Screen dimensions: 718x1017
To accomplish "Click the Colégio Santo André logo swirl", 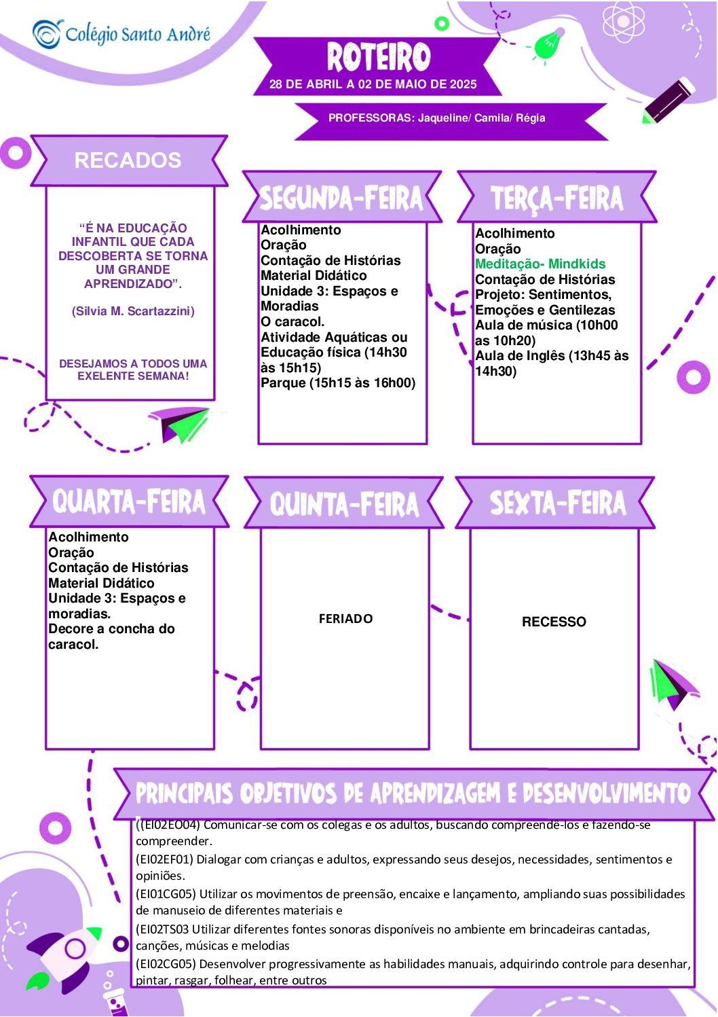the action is [47, 33].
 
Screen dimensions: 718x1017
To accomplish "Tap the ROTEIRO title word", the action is [379, 57].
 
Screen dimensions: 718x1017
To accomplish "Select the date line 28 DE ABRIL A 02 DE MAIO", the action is [373, 84].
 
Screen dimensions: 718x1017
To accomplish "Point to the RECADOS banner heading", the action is [128, 160].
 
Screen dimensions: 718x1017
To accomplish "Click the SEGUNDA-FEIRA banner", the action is [341, 198].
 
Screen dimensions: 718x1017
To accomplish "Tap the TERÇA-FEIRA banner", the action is [557, 198].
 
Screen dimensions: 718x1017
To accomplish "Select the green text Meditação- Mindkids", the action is [540, 264].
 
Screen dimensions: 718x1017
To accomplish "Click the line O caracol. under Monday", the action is [292, 322].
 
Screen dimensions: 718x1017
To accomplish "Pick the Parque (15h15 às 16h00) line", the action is [338, 382].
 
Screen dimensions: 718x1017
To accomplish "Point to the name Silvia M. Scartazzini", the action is [133, 311].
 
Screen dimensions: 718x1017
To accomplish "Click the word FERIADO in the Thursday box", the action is [345, 619].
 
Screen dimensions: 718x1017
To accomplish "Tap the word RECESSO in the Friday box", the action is [554, 622].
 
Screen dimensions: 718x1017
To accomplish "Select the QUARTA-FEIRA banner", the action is [129, 502].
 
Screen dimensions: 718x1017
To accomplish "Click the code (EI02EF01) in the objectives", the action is [165, 859].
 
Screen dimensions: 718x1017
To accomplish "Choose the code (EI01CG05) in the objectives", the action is [166, 894].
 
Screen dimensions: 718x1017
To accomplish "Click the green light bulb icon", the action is [548, 44].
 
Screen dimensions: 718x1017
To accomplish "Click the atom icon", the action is [623, 20].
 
